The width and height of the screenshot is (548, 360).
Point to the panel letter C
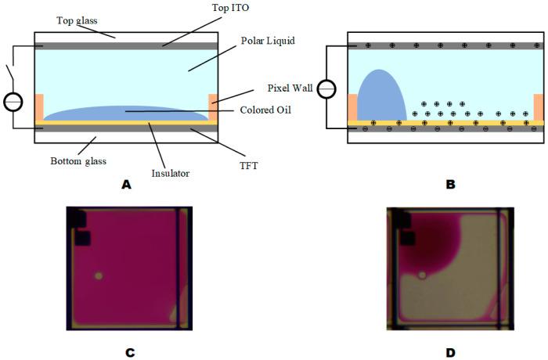click(x=130, y=352)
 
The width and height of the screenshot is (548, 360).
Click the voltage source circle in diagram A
click(x=13, y=103)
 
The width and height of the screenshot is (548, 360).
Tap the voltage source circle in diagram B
click(x=327, y=88)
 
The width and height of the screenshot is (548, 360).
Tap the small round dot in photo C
click(x=99, y=275)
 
